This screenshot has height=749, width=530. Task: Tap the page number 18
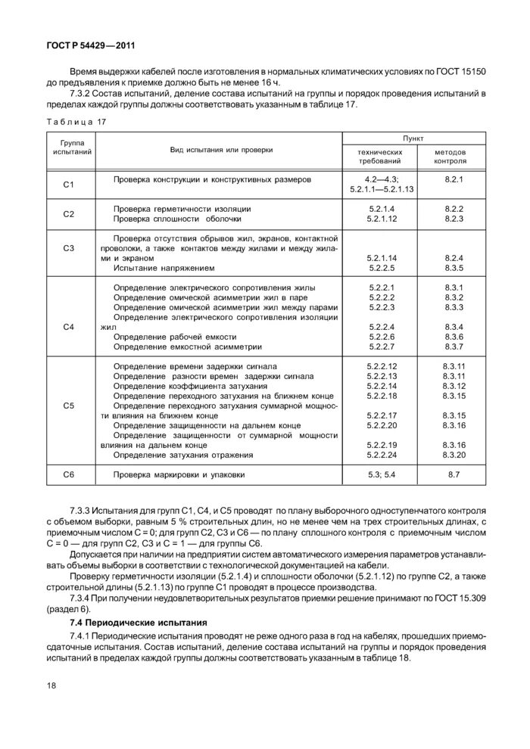coord(51,686)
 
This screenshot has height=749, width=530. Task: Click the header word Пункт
coord(413,138)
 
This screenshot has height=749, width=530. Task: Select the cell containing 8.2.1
coord(454,179)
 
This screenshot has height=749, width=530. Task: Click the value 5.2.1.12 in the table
coord(382,219)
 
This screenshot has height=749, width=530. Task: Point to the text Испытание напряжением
coord(164,268)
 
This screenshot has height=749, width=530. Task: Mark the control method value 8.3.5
coord(454,268)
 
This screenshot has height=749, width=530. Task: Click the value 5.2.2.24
coord(382,455)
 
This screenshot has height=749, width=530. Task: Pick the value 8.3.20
coord(454,455)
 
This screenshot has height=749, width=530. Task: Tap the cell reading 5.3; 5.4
coord(382,474)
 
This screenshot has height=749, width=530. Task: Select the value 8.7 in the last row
coord(454,474)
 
